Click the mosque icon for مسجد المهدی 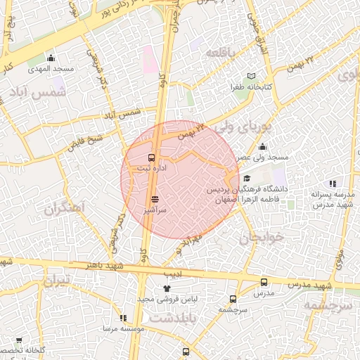[x=51, y=58]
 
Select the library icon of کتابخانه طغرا [x=252, y=75]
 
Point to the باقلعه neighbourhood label [x=226, y=52]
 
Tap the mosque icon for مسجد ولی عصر [x=262, y=146]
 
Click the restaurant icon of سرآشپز [x=155, y=199]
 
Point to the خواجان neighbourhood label [x=263, y=237]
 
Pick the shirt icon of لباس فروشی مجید [x=167, y=288]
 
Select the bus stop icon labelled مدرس [x=264, y=282]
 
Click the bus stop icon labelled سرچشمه [x=233, y=298]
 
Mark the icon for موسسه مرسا [x=123, y=318]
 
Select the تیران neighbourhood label [x=58, y=282]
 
